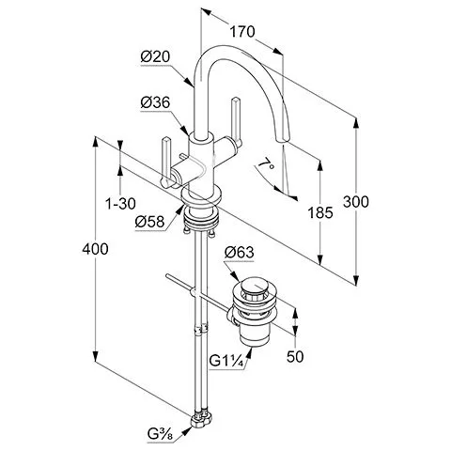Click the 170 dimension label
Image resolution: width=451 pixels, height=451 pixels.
(242, 32)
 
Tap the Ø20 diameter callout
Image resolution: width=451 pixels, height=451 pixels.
(155, 57)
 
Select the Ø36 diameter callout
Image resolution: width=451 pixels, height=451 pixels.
(155, 102)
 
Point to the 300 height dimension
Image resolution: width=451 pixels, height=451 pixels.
(356, 202)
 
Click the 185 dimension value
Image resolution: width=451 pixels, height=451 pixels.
(320, 213)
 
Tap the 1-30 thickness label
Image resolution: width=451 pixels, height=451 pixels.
(120, 204)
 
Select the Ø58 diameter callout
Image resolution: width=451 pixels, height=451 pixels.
(150, 222)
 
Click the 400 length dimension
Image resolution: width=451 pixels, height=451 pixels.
(95, 249)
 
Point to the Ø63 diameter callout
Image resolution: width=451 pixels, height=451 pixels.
(240, 253)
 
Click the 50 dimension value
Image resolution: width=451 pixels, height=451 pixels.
(295, 356)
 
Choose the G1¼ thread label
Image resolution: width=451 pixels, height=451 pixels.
(226, 362)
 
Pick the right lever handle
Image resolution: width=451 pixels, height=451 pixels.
(236, 122)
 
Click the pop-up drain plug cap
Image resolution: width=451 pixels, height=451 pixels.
(254, 286)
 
